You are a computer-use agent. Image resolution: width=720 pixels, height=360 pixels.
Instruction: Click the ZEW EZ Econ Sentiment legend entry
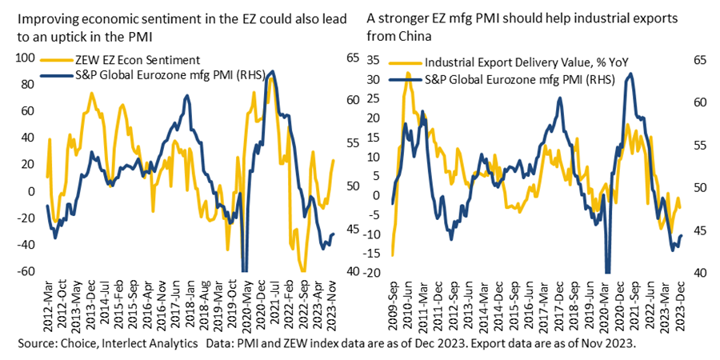point(136,60)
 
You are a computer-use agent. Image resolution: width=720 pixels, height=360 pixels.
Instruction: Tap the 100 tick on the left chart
point(29,58)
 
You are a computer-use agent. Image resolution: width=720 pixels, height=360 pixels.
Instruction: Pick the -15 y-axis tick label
point(372,254)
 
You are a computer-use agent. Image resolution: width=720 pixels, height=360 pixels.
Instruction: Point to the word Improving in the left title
point(40,17)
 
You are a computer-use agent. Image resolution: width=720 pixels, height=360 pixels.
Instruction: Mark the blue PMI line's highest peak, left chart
point(272,72)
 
